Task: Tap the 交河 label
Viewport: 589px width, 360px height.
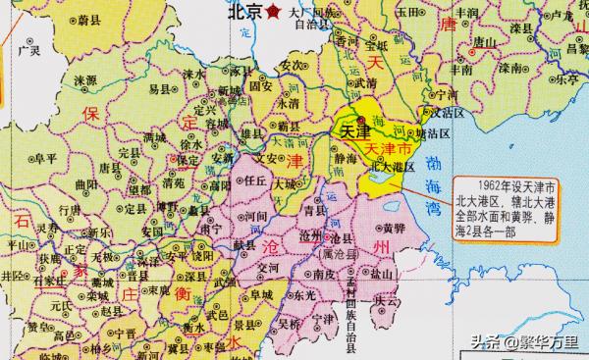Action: coord(266,265)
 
